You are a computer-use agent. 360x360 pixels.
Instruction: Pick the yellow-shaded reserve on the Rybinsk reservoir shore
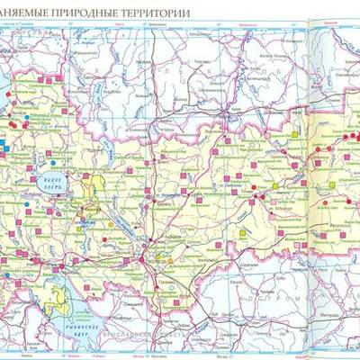58,302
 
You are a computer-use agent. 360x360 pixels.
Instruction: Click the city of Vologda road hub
143,261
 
